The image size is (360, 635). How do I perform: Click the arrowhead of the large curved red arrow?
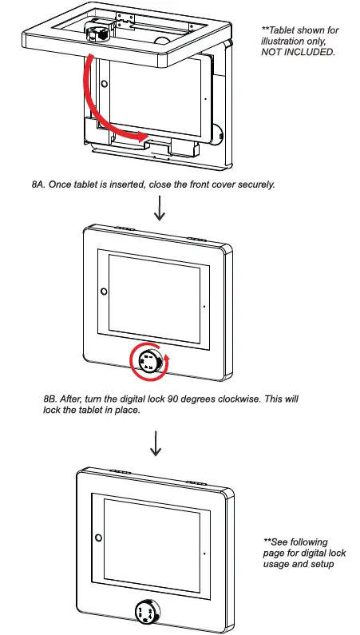144,137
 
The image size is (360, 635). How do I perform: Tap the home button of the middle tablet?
103,291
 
